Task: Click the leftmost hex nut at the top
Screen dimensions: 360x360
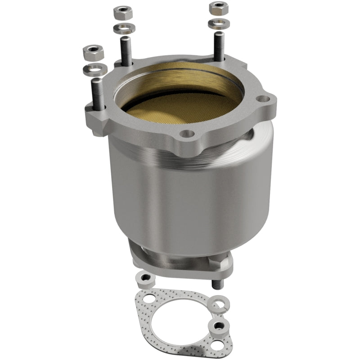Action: [x=93, y=53]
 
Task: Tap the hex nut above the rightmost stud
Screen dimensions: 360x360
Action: [x=218, y=8]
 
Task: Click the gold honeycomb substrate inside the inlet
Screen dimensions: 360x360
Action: [x=180, y=108]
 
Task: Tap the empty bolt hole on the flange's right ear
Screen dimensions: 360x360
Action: [x=261, y=99]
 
